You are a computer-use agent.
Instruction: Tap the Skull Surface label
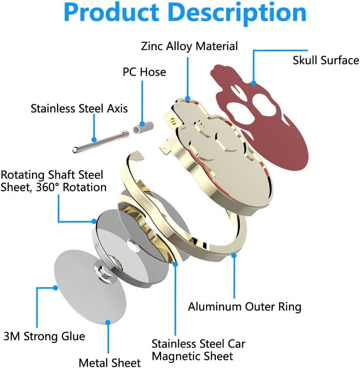[x=325, y=60]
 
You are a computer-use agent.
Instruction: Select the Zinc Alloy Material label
[x=189, y=46]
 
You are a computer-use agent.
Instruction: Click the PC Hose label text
[x=144, y=72]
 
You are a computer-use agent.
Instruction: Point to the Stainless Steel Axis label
[x=79, y=108]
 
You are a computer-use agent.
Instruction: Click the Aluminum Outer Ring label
[x=244, y=307]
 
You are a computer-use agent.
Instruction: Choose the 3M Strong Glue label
[x=44, y=336]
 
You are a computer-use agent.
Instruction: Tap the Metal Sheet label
[x=109, y=362]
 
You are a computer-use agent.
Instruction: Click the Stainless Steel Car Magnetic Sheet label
[x=198, y=350]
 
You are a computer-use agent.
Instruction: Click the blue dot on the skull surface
[x=253, y=82]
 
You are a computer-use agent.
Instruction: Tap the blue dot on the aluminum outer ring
[x=234, y=254]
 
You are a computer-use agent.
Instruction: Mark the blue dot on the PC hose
[x=142, y=124]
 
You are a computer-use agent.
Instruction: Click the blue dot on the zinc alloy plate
[x=188, y=98]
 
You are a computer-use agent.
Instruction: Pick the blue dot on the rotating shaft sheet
[x=94, y=221]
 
